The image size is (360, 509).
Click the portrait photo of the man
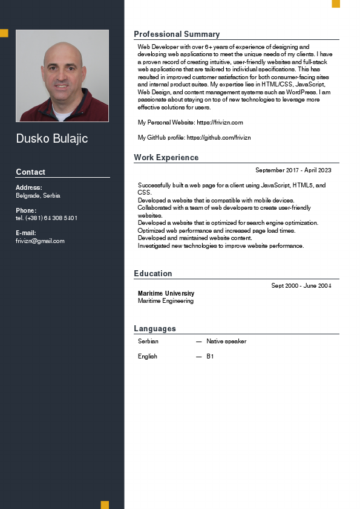62,76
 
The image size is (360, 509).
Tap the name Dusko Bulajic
52,139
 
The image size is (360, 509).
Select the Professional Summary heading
177,34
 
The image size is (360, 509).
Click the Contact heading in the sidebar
30,172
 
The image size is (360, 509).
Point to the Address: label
29,187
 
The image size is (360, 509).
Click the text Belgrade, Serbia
38,196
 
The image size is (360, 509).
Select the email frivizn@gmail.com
40,241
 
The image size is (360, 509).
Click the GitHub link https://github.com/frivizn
218,138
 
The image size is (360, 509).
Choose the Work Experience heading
166,158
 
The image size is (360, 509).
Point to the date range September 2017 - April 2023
293,170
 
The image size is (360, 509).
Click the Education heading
153,274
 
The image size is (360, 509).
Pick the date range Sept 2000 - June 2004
301,285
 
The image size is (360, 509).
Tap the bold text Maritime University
166,294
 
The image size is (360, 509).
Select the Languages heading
155,329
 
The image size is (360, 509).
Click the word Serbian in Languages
148,342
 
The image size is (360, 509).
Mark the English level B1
210,357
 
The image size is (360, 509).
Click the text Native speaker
226,342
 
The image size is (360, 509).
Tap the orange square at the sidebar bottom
105,505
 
